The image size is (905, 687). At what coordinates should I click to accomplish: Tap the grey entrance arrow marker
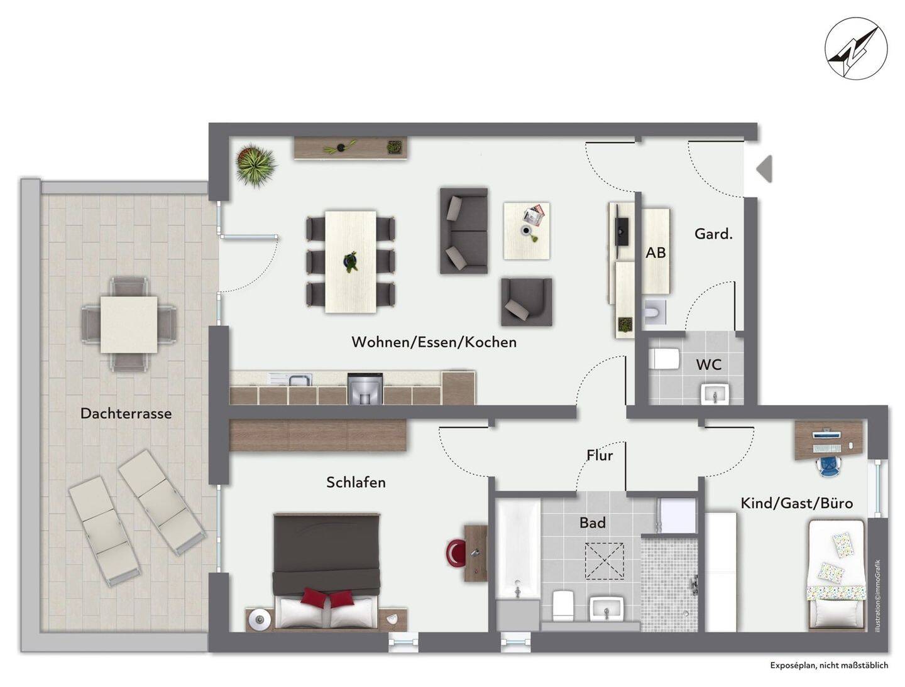coord(765,168)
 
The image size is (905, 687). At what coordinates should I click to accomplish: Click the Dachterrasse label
coord(126,413)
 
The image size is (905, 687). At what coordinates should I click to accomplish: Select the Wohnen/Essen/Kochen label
coord(434,342)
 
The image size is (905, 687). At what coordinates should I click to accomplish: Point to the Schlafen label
coord(356,482)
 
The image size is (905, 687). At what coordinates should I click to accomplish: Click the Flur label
coord(600,455)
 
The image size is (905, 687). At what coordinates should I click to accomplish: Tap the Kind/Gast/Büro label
coord(796,503)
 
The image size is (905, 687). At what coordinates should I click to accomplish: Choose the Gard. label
coord(713,234)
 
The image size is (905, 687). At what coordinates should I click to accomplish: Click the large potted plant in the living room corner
coord(256,165)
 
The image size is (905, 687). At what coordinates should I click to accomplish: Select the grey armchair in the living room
coord(527,302)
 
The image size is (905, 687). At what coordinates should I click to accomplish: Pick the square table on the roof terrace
coord(129,325)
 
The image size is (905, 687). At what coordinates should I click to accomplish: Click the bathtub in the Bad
coord(518,550)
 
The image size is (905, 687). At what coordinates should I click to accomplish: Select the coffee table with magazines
coord(527,230)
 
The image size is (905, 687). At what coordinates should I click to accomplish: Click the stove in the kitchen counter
coord(365,388)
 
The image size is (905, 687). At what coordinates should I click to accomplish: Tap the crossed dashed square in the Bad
coord(604,561)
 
